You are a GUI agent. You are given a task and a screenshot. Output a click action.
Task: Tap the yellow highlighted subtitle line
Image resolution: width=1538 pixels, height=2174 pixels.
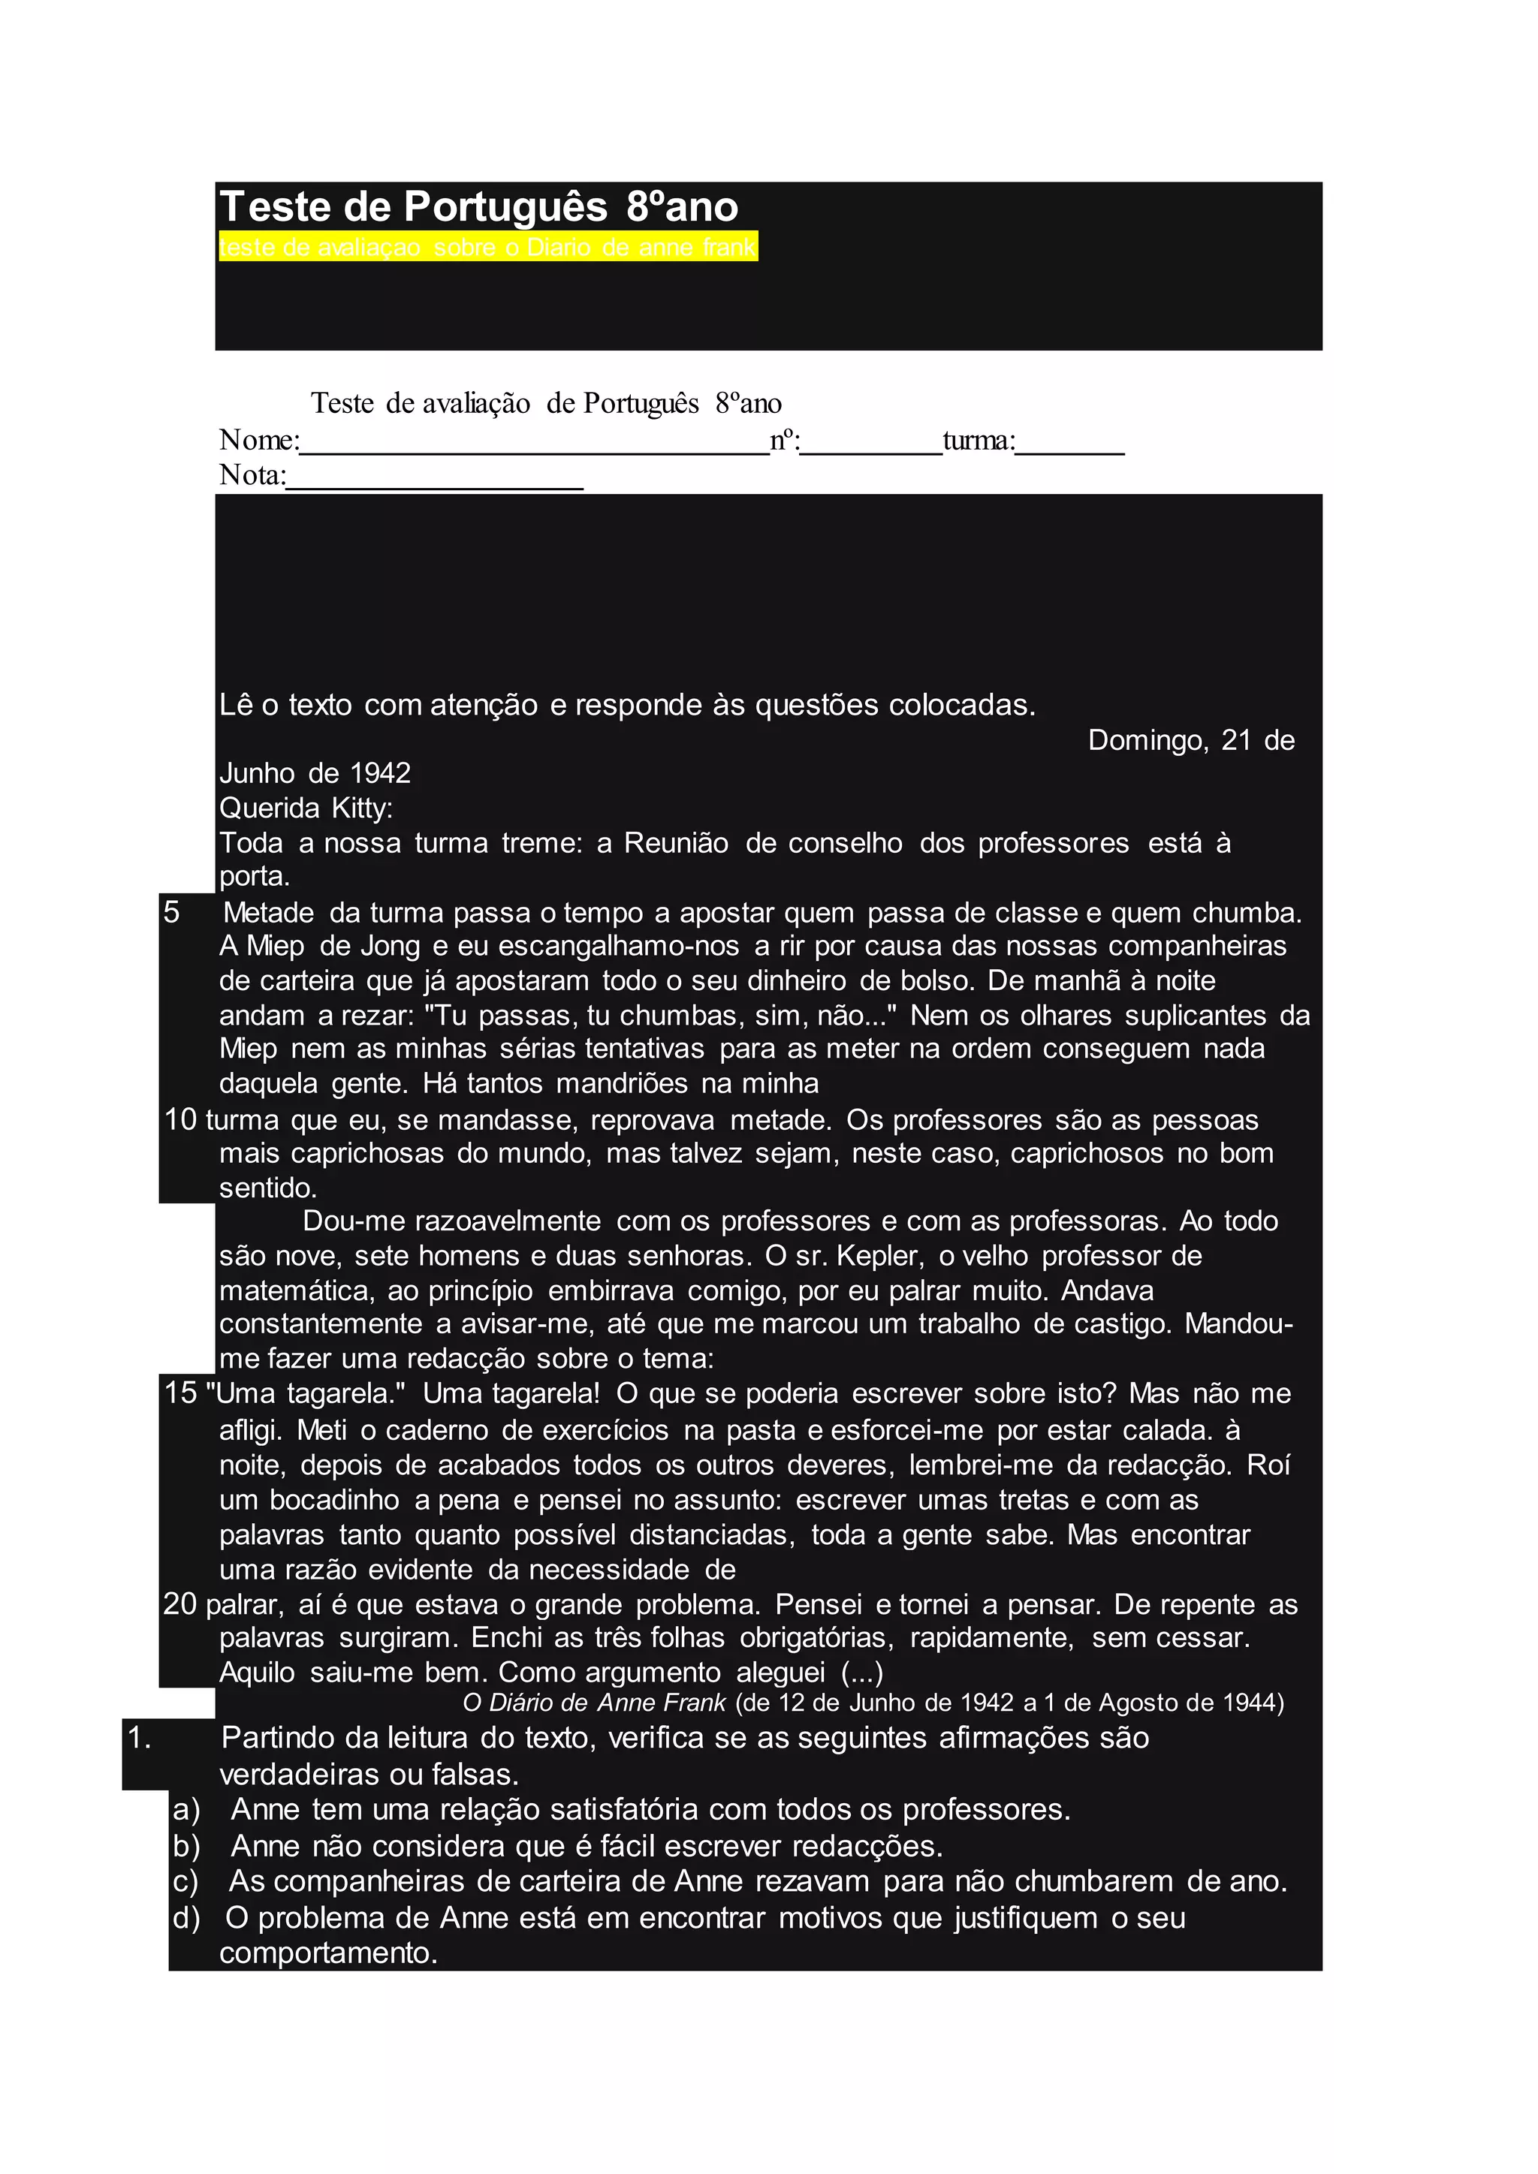coord(487,247)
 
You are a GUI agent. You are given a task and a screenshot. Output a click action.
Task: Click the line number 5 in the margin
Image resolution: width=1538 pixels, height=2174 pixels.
coord(171,912)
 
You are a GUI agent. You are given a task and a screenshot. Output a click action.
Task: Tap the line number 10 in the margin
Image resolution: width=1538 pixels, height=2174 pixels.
coord(180,1119)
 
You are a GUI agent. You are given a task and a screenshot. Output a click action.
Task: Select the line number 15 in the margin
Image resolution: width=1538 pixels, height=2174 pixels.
coord(180,1393)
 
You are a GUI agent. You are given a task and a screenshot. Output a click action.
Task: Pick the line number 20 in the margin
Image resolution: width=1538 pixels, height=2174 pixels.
coord(180,1604)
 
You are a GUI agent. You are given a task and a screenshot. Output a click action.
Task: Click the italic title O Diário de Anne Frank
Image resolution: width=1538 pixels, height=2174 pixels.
coord(594,1703)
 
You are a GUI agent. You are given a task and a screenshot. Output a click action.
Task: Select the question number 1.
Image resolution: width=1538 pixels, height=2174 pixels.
coord(139,1738)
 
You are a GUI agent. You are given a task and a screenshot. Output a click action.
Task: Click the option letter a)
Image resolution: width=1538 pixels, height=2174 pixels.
coord(186,1809)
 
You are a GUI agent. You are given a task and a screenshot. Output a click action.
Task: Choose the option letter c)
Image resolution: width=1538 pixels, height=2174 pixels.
coord(186,1880)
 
